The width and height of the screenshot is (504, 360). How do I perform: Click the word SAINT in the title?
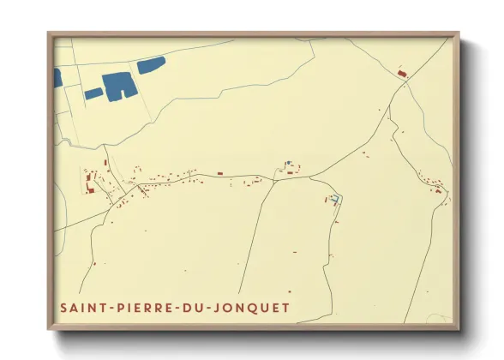tap(80, 308)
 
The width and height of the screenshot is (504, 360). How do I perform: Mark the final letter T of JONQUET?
tap(285, 308)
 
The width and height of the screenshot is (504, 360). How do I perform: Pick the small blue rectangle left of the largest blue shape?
tap(93, 93)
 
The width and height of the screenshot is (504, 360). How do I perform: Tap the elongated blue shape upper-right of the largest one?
tap(151, 65)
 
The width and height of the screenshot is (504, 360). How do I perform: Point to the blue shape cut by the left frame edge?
tap(57, 78)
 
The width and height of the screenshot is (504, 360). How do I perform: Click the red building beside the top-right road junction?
tap(401, 75)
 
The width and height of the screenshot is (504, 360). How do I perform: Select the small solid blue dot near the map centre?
tap(289, 162)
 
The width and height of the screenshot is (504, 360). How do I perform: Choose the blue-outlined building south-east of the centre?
tap(335, 199)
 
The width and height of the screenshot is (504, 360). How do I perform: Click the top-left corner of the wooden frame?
tap(49, 33)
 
